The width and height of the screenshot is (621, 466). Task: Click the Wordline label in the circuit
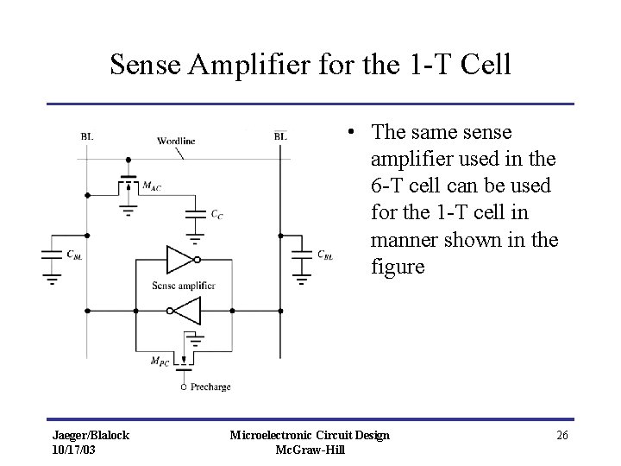tap(176, 140)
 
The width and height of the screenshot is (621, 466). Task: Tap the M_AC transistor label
tap(152, 186)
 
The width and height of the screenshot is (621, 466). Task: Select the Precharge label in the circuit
tap(210, 387)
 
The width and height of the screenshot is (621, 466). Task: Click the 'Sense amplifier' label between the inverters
tap(183, 285)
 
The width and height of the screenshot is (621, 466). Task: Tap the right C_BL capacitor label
tap(325, 255)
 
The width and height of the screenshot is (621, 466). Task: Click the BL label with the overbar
tap(280, 135)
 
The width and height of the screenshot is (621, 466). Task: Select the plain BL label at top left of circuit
tap(88, 135)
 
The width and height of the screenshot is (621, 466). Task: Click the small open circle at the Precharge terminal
tap(183, 387)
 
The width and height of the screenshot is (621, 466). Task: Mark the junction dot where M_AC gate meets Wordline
tap(129, 160)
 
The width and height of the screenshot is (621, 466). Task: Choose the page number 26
tap(561, 435)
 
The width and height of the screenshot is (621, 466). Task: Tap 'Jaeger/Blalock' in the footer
tap(91, 435)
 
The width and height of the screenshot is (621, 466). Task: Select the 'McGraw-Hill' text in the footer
tap(310, 450)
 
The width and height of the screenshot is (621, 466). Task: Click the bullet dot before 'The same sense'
tap(351, 132)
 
